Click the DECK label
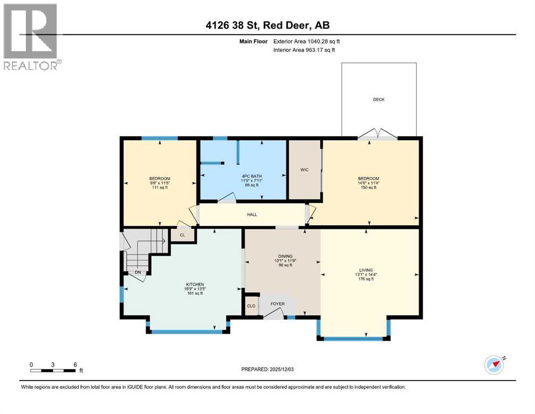click(379, 99)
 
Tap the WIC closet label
click(304, 169)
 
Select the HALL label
click(252, 215)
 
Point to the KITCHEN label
click(180, 284)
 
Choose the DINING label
click(284, 256)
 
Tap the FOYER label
click(277, 304)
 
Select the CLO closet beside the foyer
click(251, 306)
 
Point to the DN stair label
click(138, 272)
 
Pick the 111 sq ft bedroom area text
click(160, 188)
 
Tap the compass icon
click(494, 364)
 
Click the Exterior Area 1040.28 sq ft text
click(307, 41)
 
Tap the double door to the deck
click(378, 135)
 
